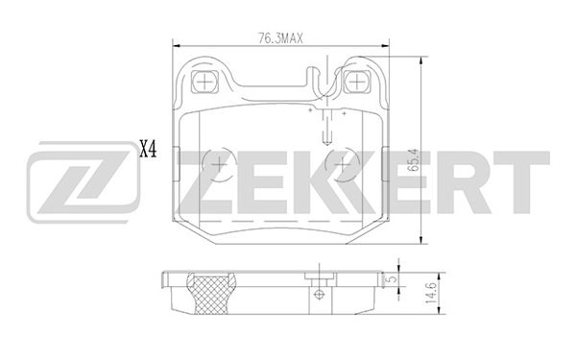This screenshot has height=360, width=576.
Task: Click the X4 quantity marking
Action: (148, 149)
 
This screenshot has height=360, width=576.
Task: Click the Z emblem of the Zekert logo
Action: (75, 181)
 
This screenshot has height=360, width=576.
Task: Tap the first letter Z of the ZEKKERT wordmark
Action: (204, 181)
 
